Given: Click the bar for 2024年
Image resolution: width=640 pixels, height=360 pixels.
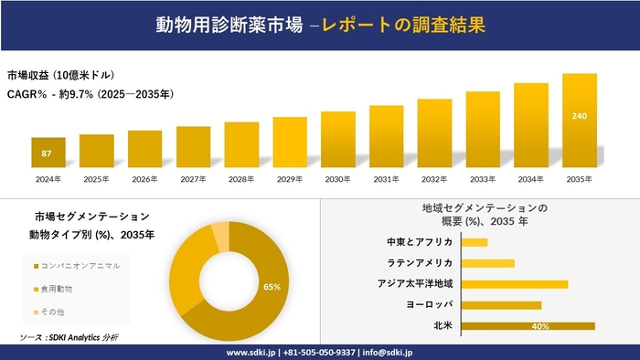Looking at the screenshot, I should tap(48, 153).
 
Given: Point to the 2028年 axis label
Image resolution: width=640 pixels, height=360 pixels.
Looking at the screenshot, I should tap(241, 179).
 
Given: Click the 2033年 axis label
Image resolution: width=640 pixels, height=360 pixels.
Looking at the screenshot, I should tap(483, 179).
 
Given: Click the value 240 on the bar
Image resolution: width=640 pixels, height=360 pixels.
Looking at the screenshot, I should tap(580, 117).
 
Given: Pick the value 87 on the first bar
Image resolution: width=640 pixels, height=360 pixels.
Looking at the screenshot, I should tap(48, 153).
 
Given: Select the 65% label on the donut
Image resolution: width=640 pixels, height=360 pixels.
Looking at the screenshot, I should tap(272, 287).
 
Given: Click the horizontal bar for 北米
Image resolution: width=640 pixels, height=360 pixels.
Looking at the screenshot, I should tap(528, 326).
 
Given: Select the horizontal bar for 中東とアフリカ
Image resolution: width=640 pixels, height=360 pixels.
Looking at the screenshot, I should tap(475, 242).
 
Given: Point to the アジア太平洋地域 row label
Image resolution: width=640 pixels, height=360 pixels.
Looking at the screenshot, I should tap(415, 284).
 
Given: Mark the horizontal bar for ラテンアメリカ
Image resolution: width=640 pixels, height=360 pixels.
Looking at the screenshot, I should tap(488, 263).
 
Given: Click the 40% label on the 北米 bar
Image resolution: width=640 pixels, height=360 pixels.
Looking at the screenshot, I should tap(539, 326).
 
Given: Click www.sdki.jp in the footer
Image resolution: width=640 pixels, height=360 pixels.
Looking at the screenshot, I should tap(251, 352).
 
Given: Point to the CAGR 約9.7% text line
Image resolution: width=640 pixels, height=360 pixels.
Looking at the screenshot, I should tap(91, 94).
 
